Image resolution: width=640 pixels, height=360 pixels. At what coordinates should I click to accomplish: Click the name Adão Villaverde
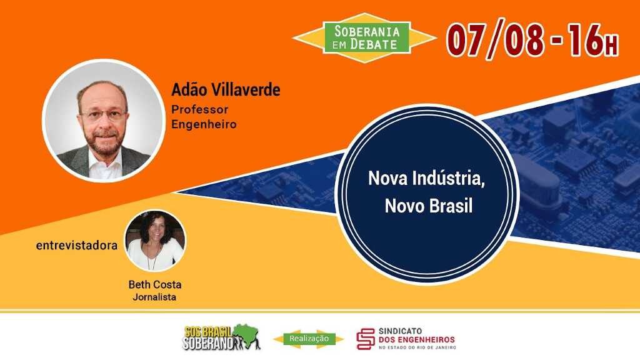point(226,90)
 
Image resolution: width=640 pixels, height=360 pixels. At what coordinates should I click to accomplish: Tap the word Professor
point(199,109)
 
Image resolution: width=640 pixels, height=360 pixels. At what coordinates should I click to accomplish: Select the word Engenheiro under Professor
point(204,124)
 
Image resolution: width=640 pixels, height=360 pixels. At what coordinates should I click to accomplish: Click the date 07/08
point(495,39)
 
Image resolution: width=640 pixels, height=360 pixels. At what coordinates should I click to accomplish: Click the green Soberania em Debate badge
point(366,38)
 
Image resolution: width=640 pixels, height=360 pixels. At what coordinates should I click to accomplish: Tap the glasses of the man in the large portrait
point(104,115)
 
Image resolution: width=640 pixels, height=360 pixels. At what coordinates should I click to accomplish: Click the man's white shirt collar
point(105,162)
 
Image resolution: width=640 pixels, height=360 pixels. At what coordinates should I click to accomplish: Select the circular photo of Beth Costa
point(155,241)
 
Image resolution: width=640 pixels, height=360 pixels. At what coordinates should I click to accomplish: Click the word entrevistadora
point(77,246)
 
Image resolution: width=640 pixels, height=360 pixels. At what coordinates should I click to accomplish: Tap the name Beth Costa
point(155,284)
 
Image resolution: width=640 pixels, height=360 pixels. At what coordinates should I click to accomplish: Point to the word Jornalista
point(155,297)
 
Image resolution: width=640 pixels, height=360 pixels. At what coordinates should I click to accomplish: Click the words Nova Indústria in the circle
point(426,178)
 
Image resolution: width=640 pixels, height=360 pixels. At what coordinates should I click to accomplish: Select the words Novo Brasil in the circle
point(429,206)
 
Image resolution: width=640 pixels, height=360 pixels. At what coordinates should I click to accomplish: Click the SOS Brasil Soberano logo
point(221,337)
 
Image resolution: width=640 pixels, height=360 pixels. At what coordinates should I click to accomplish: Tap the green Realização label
point(309,338)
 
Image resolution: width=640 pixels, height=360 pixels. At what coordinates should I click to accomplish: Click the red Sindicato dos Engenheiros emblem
point(365,339)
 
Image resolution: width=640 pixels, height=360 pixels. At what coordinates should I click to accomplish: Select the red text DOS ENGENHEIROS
point(417,339)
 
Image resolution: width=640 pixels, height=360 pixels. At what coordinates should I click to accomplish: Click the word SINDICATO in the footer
point(401,331)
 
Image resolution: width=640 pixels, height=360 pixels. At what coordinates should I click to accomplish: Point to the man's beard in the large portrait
point(104,141)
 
